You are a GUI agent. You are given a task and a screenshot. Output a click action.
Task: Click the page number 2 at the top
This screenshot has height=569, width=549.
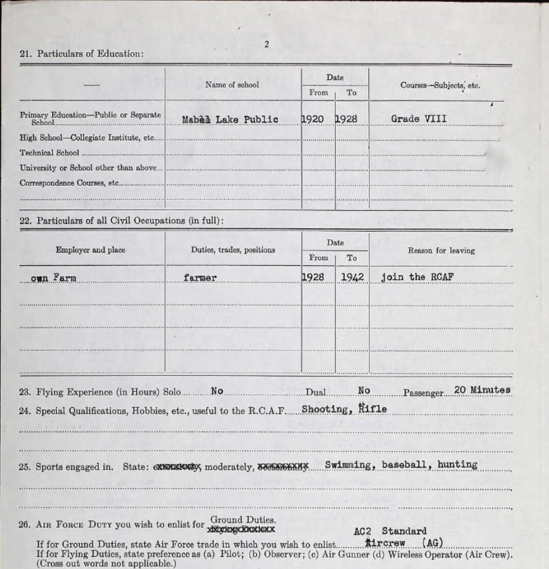click(266, 44)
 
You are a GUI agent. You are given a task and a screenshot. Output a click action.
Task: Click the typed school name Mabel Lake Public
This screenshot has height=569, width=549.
click(230, 119)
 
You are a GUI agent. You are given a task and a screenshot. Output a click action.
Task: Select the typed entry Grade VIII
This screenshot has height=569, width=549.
click(418, 119)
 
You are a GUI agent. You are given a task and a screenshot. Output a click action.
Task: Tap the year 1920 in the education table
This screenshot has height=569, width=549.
click(313, 119)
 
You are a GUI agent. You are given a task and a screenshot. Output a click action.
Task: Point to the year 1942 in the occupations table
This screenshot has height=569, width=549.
click(352, 277)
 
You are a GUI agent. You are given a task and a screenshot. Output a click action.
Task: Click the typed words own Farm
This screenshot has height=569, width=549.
click(54, 278)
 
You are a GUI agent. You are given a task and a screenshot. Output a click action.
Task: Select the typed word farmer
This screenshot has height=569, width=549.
click(200, 278)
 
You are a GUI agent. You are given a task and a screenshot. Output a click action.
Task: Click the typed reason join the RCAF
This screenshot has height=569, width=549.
click(417, 277)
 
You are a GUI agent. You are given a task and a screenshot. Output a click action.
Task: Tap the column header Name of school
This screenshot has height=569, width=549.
click(232, 85)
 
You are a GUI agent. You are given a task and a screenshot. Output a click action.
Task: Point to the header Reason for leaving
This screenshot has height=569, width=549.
click(441, 250)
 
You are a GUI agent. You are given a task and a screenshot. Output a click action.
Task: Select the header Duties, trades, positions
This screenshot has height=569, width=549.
click(233, 250)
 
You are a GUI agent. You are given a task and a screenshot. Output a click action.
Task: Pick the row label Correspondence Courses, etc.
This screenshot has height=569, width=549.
click(68, 183)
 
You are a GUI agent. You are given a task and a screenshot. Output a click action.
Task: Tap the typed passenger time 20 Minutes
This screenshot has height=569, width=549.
click(482, 390)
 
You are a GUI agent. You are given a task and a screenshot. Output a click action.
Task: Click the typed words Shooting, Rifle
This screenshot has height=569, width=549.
click(344, 409)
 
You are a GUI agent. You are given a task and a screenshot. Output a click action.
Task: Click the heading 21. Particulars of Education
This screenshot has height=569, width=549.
click(82, 54)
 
